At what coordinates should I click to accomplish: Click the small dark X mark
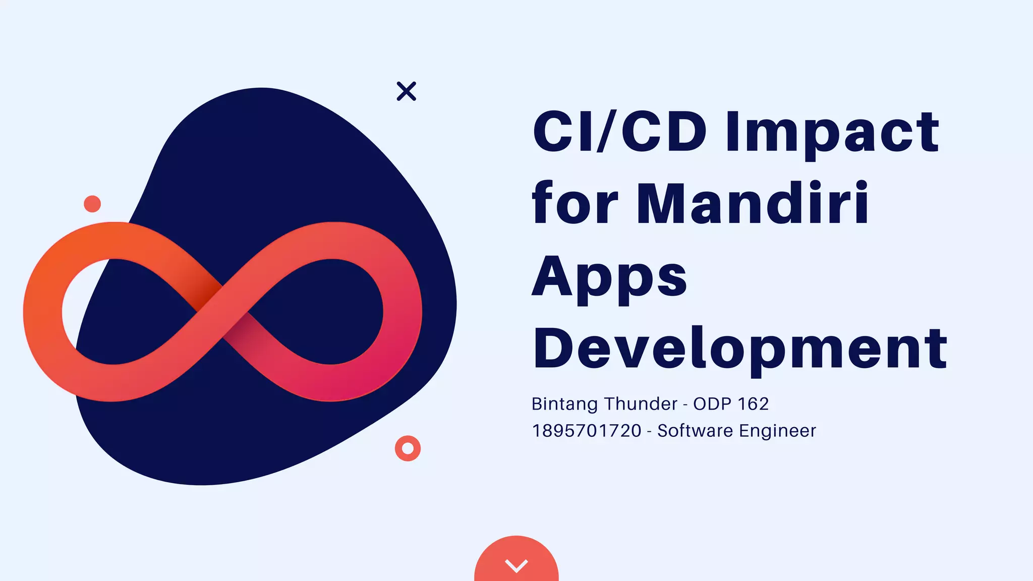406,91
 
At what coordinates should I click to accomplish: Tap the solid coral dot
92,204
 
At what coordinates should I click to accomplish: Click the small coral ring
408,448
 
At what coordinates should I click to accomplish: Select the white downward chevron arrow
516,565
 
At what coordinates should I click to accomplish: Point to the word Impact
832,132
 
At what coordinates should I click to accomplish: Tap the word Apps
609,278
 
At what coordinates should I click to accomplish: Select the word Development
740,349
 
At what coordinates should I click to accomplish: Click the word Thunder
641,404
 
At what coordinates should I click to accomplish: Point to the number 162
753,404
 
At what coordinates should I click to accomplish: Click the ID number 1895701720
587,431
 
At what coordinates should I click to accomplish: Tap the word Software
695,431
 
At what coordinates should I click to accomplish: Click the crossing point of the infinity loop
222,311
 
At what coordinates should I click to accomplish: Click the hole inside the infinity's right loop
328,311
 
